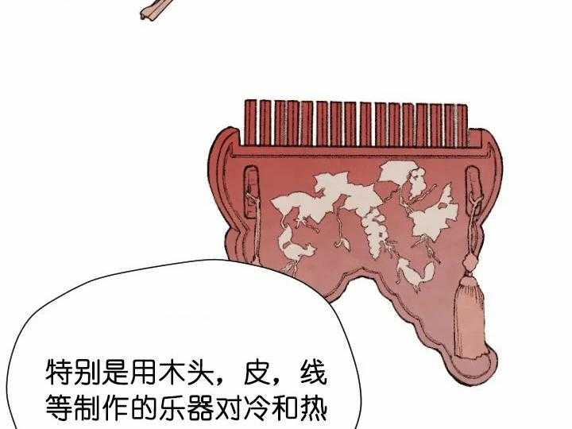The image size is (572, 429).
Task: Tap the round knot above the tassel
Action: pyautogui.click(x=470, y=261)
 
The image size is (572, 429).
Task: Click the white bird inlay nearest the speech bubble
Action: pyautogui.click(x=295, y=248)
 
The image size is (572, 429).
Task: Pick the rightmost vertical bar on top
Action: pyautogui.click(x=462, y=126)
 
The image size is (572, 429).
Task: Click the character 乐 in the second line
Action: pyautogui.click(x=172, y=408)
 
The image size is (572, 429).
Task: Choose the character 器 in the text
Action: pyautogui.click(x=200, y=408)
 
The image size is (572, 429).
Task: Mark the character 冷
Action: pyautogui.click(x=257, y=408)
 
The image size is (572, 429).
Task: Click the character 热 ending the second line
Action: pyautogui.click(x=313, y=408)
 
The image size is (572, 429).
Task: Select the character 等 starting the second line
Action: pyautogui.click(x=59, y=408)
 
